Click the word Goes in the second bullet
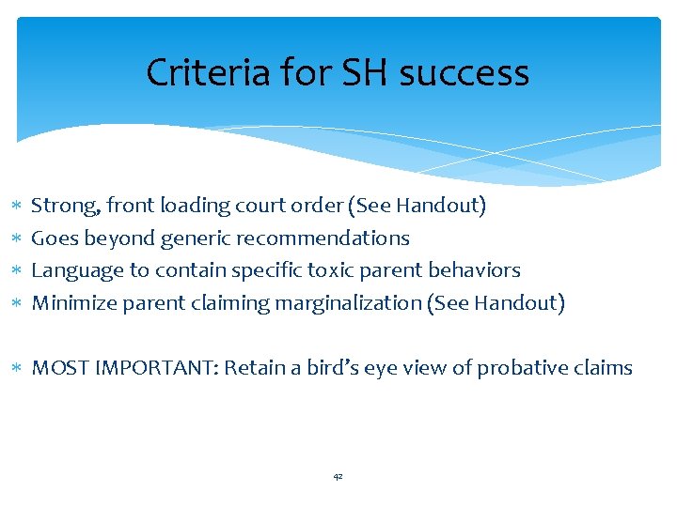[55, 238]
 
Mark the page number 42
[338, 477]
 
